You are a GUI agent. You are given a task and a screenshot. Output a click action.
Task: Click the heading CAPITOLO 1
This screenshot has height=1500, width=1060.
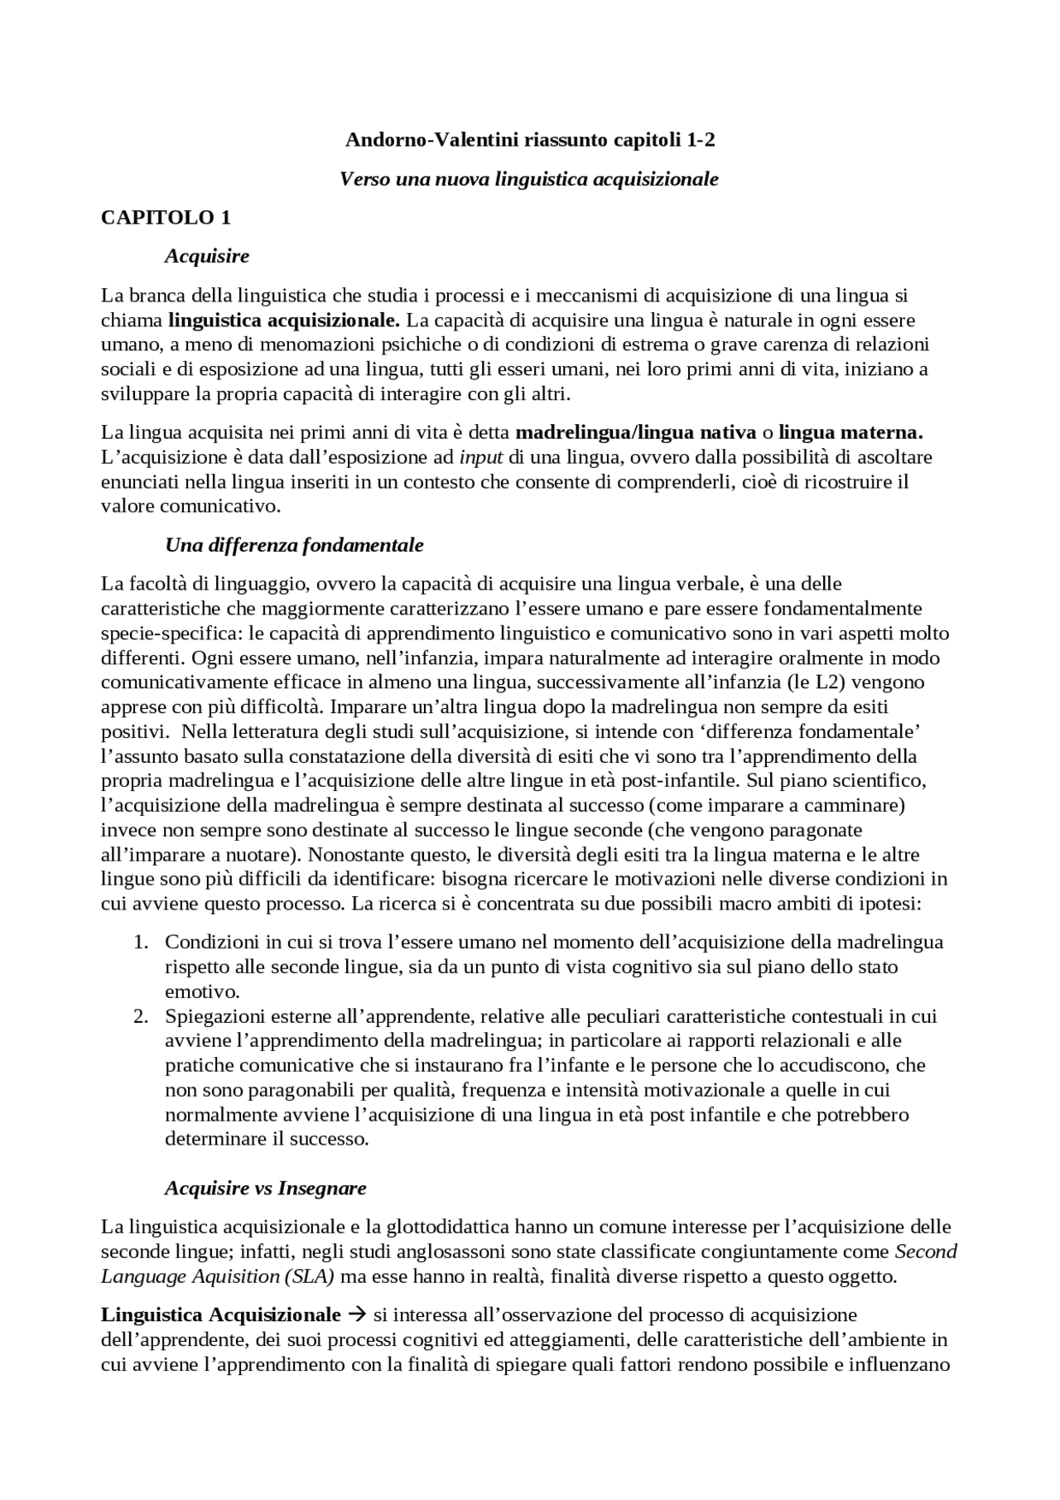click(x=166, y=218)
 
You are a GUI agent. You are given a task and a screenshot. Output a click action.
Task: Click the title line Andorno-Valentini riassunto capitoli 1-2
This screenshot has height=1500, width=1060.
click(x=530, y=140)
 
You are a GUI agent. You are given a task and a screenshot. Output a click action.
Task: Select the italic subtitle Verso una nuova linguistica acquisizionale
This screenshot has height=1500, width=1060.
click(x=529, y=179)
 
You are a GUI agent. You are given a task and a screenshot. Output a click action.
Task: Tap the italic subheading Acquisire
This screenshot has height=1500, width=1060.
click(x=207, y=256)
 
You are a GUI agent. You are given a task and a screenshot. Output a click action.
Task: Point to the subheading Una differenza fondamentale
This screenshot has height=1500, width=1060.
click(x=294, y=545)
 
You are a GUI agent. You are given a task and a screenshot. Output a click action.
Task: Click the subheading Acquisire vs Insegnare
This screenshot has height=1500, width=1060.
click(x=265, y=1188)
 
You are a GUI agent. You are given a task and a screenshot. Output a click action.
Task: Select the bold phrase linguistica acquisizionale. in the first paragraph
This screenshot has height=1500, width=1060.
click(x=284, y=320)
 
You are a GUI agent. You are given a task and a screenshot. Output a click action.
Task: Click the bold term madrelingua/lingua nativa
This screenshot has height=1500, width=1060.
click(x=635, y=432)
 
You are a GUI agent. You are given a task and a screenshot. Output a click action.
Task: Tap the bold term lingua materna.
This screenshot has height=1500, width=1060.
click(x=850, y=432)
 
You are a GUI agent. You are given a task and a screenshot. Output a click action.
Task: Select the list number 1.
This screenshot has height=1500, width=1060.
click(x=141, y=943)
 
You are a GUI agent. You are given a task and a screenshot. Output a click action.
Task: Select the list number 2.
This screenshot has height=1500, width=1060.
click(x=141, y=1016)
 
